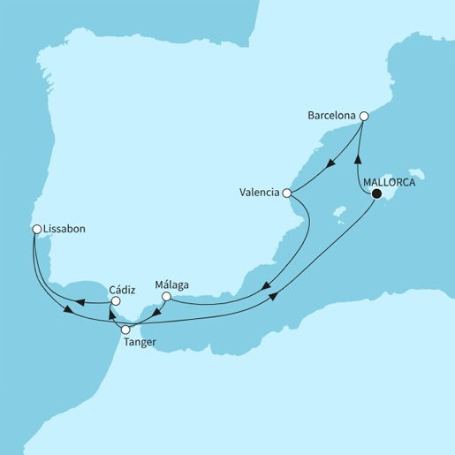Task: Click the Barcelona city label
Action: (x=331, y=116)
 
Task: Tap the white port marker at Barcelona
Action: (x=363, y=116)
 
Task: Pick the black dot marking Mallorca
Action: (x=376, y=193)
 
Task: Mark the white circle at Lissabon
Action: (x=36, y=229)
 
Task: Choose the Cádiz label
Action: (x=121, y=288)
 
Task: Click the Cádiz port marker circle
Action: (x=114, y=301)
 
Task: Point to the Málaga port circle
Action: (x=166, y=297)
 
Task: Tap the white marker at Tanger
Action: (x=125, y=330)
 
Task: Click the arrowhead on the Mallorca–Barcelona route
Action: (x=357, y=160)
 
